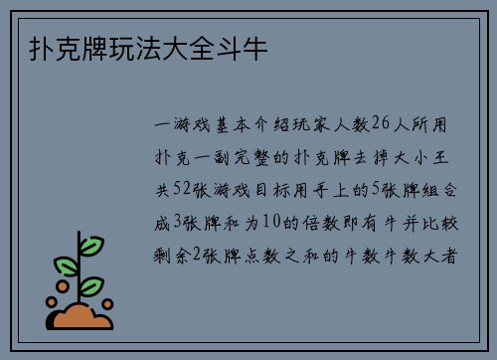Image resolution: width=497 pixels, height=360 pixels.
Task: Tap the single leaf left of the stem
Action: [66, 267]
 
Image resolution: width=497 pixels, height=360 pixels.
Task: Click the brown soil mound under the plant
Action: [83, 317]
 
